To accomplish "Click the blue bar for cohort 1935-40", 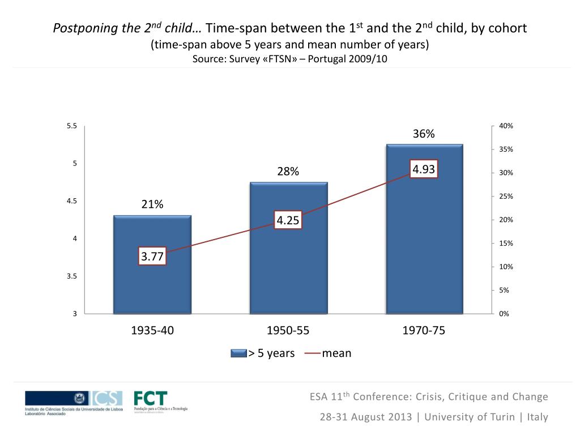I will coord(152,283).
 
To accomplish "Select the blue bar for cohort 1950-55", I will coord(288,266).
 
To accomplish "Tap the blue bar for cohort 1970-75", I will coord(424,238).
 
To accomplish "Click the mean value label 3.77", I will coord(152,257).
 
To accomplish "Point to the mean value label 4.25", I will coord(288,220).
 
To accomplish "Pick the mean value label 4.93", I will coord(424,169).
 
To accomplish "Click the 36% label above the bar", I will coord(424,134).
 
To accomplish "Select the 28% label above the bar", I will coord(288,172).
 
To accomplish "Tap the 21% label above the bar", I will coord(152,205).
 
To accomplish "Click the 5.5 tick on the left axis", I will coord(71,126).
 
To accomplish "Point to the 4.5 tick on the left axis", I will coord(71,201).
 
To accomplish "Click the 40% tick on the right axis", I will coord(506,126).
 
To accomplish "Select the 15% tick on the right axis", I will coord(506,244).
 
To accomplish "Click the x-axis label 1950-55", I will coord(288,331).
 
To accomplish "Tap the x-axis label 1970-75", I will coord(424,331).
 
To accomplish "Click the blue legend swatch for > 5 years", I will coord(238,353).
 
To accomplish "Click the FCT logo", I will coord(151,399).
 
